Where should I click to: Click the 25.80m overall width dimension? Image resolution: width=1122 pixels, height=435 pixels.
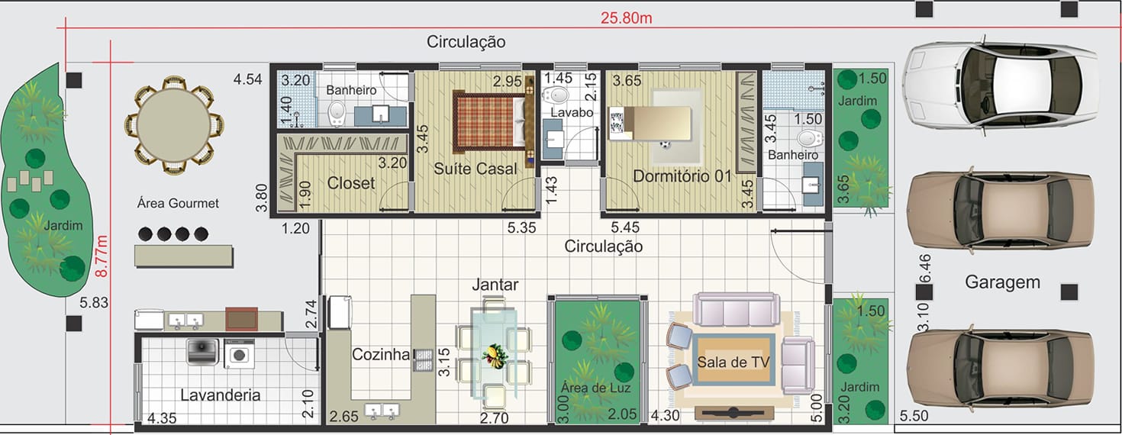(626, 18)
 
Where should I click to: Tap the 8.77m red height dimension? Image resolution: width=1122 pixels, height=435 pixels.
(102, 256)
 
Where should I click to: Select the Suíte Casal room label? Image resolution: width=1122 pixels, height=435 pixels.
(475, 169)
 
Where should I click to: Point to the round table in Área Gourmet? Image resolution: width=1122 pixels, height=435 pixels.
(174, 125)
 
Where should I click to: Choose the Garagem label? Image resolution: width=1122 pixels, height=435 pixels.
(1002, 282)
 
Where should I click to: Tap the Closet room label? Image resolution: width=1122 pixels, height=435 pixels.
(350, 183)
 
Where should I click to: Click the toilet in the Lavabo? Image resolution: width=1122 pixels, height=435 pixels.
(556, 95)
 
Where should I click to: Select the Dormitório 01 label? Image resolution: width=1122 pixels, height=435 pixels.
(682, 176)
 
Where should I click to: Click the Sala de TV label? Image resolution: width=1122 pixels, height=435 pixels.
(733, 362)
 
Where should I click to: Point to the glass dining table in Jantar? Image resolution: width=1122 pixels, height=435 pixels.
(494, 353)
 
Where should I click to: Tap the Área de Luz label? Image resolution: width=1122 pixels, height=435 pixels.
(595, 388)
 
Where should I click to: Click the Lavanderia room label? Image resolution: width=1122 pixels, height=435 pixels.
(221, 395)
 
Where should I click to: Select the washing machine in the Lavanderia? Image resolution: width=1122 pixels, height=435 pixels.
(239, 354)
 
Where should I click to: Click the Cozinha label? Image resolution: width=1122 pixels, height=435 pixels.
(381, 354)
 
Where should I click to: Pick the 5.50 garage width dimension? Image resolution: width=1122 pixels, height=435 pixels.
(914, 416)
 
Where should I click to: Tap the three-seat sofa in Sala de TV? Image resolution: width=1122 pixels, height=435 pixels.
(736, 309)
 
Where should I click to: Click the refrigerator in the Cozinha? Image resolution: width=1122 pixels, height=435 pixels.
(340, 312)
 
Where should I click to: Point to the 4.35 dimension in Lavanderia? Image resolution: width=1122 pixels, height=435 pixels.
(162, 418)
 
